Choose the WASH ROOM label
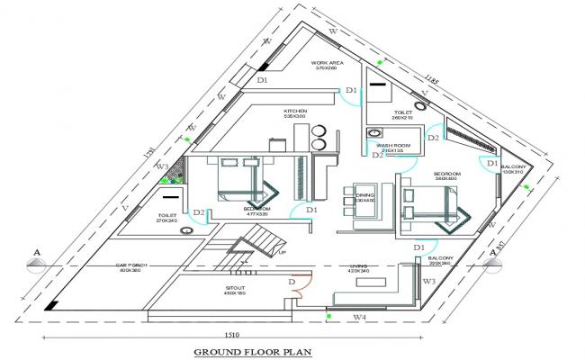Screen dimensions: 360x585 [392, 146]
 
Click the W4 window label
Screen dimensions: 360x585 [358, 317]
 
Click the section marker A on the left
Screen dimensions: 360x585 [34, 251]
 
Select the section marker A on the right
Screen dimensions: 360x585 [493, 253]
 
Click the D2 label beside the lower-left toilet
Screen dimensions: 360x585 [201, 213]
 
